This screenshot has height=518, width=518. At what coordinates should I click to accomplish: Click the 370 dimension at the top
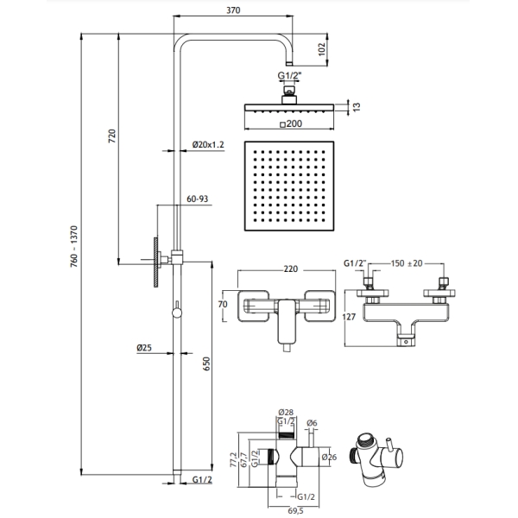(233, 10)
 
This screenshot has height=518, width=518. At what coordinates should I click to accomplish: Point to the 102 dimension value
(322, 49)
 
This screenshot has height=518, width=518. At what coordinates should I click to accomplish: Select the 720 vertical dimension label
(112, 136)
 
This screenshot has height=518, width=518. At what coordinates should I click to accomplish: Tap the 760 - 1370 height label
(74, 246)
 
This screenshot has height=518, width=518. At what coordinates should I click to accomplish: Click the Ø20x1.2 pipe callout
(208, 145)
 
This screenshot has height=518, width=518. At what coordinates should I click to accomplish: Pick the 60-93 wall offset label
(197, 199)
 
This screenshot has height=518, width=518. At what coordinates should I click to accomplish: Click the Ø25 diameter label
(144, 348)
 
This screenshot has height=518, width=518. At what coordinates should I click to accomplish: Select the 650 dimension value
(206, 363)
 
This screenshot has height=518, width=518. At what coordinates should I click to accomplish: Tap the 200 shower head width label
(291, 123)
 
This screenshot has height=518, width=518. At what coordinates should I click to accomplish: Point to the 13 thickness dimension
(357, 107)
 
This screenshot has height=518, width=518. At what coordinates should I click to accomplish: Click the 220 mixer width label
(291, 269)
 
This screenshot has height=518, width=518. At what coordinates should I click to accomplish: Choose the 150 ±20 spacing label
(407, 263)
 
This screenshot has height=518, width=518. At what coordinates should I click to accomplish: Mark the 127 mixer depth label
(349, 317)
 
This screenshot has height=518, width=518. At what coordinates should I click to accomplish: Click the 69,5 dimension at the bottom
(295, 511)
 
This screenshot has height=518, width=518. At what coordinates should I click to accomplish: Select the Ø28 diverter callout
(286, 413)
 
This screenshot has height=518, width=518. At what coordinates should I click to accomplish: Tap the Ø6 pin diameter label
(312, 423)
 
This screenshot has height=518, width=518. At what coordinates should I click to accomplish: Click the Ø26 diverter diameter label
(329, 458)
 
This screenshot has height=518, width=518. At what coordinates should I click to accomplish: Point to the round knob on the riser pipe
(177, 313)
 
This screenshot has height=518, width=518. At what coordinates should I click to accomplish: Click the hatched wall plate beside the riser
(156, 262)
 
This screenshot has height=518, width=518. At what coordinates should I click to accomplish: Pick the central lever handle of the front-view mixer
(287, 321)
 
